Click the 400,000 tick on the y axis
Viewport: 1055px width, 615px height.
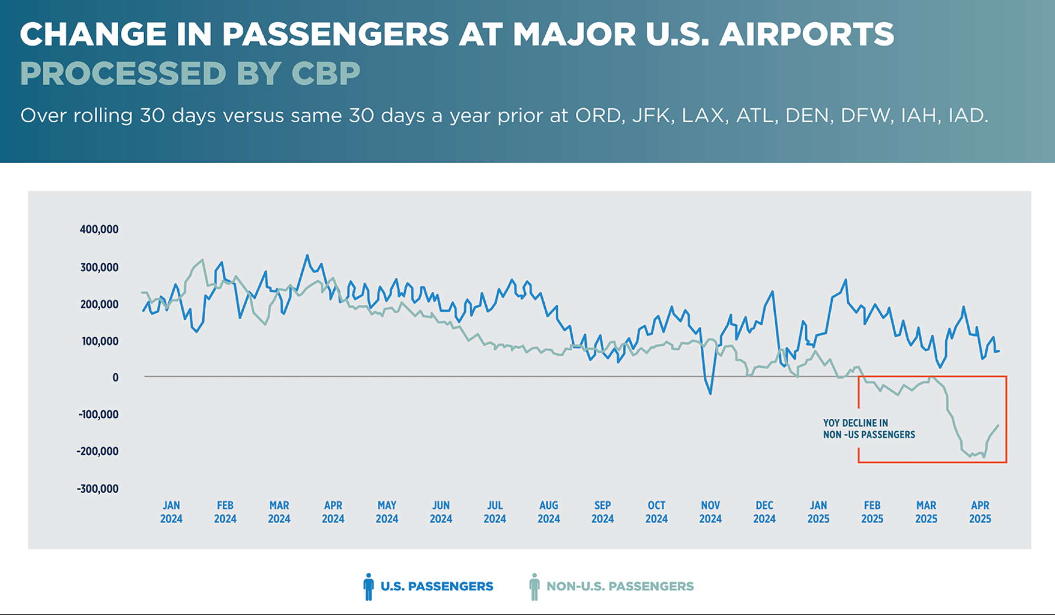99,229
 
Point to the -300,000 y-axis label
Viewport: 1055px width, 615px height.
98,488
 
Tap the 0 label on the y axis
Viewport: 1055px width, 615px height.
115,378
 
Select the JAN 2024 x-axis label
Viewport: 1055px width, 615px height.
171,512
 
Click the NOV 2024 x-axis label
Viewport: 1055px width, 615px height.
710,512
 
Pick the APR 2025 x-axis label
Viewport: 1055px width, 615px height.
980,512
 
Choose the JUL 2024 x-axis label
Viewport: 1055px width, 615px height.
495,512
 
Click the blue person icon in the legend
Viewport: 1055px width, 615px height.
368,587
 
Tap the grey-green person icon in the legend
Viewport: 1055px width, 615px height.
534,587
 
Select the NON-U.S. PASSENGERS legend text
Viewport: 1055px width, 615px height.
620,587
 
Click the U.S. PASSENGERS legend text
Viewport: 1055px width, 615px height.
436,587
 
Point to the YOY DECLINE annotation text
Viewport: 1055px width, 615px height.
869,429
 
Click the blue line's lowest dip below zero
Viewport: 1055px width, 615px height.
710,393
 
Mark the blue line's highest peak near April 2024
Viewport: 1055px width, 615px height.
307,256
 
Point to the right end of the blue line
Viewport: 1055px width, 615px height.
999,351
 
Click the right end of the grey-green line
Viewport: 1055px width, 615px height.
998,426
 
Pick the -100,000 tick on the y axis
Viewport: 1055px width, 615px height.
98,415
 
